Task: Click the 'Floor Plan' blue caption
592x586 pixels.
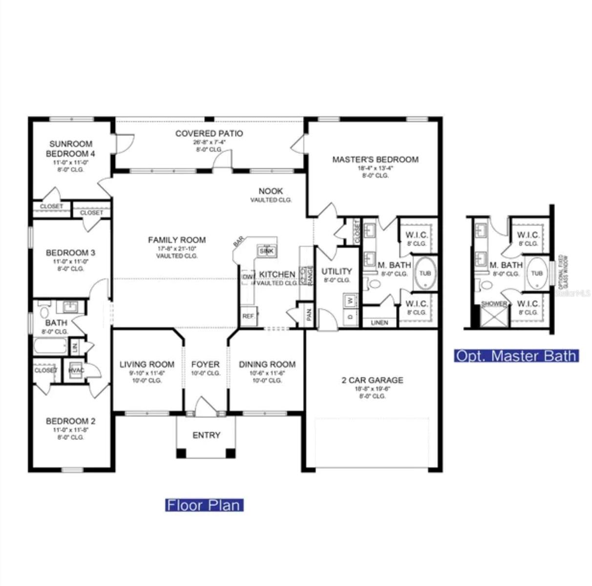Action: click(x=204, y=504)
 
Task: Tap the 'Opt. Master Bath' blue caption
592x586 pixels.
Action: click(x=516, y=356)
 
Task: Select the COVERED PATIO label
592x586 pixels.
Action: click(x=209, y=133)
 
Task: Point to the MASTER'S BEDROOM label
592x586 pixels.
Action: click(x=375, y=159)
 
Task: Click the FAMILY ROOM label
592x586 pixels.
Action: click(x=177, y=240)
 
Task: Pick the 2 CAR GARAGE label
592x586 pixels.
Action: click(x=372, y=380)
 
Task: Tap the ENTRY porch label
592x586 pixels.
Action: click(x=206, y=435)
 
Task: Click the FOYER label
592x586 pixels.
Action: click(x=205, y=364)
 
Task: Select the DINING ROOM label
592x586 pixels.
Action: click(x=267, y=364)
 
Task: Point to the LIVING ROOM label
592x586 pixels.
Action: click(x=147, y=364)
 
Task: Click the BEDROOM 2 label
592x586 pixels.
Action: click(x=71, y=421)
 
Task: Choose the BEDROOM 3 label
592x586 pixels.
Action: click(x=71, y=252)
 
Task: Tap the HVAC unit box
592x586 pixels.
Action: click(x=76, y=370)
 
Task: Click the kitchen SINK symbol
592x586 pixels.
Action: click(x=266, y=251)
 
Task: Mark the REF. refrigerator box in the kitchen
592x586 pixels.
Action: click(x=248, y=316)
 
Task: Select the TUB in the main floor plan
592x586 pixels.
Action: click(x=425, y=273)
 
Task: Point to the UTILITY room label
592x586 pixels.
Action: click(x=337, y=271)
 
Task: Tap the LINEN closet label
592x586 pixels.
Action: click(x=380, y=323)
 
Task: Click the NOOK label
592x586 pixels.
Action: click(x=271, y=191)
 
